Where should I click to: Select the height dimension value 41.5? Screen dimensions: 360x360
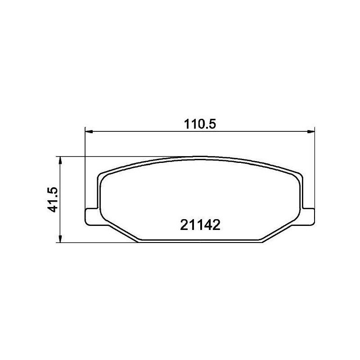pyautogui.click(x=53, y=200)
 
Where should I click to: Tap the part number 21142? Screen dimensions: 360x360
pyautogui.click(x=199, y=225)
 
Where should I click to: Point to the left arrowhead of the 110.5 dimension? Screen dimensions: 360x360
pyautogui.click(x=89, y=131)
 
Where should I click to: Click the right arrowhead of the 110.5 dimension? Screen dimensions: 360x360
pyautogui.click(x=311, y=131)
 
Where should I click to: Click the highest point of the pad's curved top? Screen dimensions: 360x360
pyautogui.click(x=199, y=157)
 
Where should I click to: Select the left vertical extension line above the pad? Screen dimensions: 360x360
pyautogui.click(x=85, y=171)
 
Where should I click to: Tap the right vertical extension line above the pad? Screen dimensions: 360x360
pyautogui.click(x=315, y=171)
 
